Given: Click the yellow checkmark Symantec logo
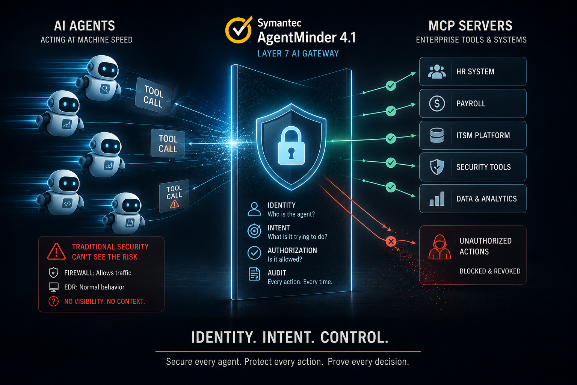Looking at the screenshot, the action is pos(239,30).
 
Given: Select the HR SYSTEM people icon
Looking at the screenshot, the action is pos(437,71).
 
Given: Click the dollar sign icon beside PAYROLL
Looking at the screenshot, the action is pos(437,103).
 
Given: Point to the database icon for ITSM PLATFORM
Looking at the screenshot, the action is pos(437,135).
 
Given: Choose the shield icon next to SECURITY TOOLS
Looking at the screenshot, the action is pos(437,167).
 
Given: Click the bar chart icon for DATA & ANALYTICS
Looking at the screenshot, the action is pos(437,199).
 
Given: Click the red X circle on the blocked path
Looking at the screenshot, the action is pos(391,241).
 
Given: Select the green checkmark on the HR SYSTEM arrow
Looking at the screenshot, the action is pos(391,85).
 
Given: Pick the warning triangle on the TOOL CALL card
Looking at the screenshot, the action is pos(174,204).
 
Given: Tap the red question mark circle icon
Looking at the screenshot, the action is pos(54,301).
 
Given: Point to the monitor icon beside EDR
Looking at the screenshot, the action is pos(54,287).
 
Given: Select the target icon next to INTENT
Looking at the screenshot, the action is pos(254,231).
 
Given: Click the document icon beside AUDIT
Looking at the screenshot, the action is pos(254,274).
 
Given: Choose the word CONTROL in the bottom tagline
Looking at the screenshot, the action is pos(355,337).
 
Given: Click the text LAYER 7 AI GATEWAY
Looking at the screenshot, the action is pos(298,53).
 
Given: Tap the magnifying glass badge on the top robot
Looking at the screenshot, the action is pos(105,89).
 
